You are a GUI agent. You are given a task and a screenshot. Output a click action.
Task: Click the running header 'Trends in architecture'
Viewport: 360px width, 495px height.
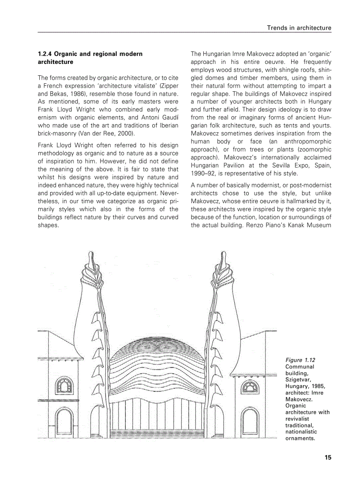pos(299,28)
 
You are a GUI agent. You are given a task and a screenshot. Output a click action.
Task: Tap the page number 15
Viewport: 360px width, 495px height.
pos(327,458)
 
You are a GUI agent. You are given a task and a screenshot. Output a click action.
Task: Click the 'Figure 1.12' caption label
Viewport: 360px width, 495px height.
pos(300,360)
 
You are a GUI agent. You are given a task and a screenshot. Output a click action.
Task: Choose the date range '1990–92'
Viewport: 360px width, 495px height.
pos(202,173)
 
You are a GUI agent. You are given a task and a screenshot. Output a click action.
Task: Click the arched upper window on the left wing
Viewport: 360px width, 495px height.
pos(64,387)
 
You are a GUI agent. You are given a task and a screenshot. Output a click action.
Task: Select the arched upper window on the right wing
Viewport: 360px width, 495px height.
pos(247,387)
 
